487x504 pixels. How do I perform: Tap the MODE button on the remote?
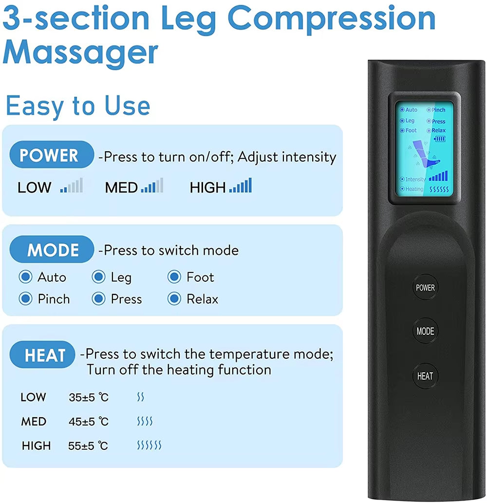tap(425, 331)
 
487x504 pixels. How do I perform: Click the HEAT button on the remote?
tap(425, 376)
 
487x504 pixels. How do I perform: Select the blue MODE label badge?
tap(52, 250)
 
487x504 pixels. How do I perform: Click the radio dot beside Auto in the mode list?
tap(25, 277)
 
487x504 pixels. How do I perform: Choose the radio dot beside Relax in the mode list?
tap(174, 299)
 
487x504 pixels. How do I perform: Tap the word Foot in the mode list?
tap(200, 277)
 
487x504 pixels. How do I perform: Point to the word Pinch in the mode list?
tap(54, 299)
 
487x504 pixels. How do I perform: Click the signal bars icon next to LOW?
tap(72, 186)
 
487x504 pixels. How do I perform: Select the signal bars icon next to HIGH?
tap(241, 186)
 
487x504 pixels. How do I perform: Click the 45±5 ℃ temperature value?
tap(89, 422)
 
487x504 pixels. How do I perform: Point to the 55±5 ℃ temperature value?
tap(89, 446)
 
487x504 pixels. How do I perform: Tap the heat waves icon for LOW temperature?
tap(141, 397)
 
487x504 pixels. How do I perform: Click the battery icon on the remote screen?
tap(440, 138)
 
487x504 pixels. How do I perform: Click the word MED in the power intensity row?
tap(121, 187)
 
